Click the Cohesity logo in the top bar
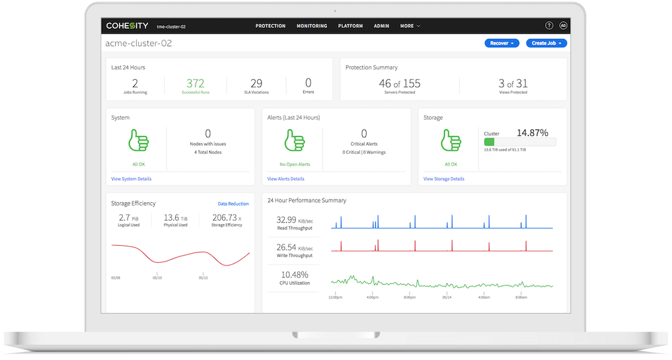point(127,26)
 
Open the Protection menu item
point(270,26)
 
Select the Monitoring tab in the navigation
point(312,26)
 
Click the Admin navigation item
point(381,26)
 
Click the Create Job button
point(546,44)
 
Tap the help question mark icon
point(549,26)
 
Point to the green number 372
point(195,83)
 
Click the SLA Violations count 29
point(256,83)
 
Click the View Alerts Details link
point(285,179)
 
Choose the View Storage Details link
point(443,179)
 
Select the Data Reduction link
point(233,204)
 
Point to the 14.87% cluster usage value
point(532,133)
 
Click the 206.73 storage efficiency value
point(224,217)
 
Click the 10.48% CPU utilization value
point(295,274)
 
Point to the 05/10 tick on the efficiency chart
point(157,278)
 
